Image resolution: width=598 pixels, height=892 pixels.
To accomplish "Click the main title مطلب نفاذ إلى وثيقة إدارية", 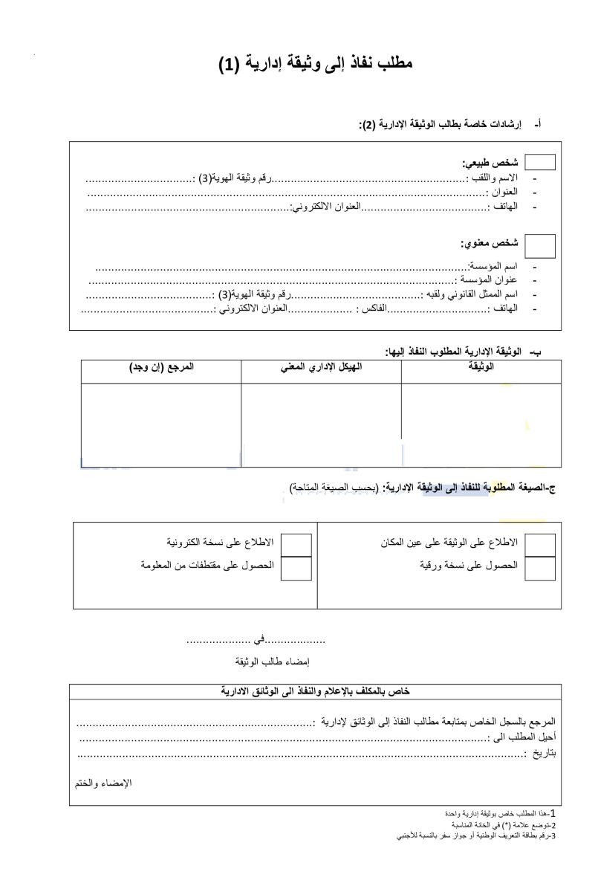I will coord(315,64).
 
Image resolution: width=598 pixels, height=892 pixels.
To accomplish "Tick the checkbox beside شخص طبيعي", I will coord(540,163).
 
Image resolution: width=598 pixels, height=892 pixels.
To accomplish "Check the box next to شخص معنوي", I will coord(540,245).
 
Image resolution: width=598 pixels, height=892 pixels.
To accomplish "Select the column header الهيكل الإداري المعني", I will coord(321,368).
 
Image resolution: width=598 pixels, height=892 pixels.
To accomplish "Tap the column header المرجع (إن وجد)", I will coord(161,368).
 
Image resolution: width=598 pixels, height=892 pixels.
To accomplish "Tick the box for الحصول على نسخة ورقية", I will coord(540,567).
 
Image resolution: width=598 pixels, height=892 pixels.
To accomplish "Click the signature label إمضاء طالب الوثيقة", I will coord(271,662).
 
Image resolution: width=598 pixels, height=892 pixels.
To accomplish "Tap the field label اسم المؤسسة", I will coord(493,265).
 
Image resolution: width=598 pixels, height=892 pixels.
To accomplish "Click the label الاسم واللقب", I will coord(493,178).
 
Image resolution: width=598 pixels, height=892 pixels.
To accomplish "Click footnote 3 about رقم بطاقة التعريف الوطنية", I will coord(475,836).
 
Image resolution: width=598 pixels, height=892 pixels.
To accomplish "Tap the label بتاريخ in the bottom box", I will coord(542,754).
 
